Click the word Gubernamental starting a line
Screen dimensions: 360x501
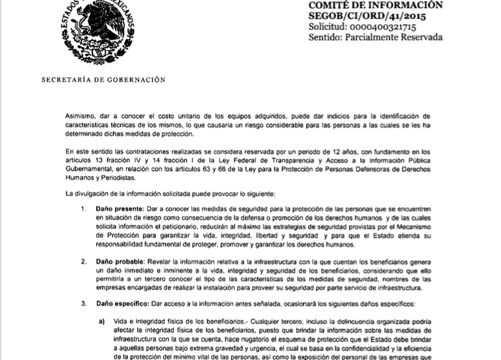coord(93,169)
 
